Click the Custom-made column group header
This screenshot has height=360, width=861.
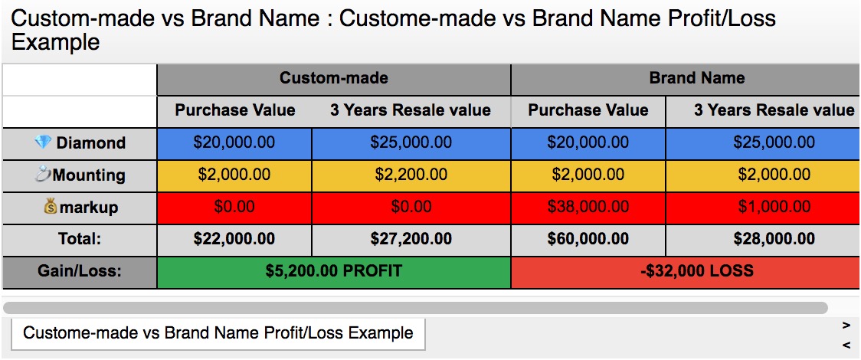[x=334, y=80]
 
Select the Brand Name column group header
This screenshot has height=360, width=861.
[x=686, y=80]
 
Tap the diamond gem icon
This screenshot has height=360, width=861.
[x=41, y=142]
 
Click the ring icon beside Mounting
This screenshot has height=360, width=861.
[x=42, y=175]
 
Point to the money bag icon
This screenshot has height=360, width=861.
[x=51, y=207]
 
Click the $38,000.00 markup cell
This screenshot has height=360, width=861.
[x=588, y=208]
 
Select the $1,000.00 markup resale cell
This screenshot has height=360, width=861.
[x=763, y=208]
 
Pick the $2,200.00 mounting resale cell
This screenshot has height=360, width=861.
[x=411, y=175]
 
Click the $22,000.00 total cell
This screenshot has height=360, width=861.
[x=234, y=239]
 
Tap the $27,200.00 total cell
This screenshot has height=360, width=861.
[x=411, y=239]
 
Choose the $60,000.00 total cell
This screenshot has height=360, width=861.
[x=588, y=239]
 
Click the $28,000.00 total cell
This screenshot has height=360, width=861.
[x=763, y=239]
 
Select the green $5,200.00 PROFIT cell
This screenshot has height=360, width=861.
[x=334, y=272]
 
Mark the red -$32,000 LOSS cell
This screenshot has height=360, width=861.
[x=686, y=272]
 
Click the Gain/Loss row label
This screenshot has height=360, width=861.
[x=80, y=272]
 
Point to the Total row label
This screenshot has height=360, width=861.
[x=80, y=239]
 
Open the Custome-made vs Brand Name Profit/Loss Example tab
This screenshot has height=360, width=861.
[x=218, y=333]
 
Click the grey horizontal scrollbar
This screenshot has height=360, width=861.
[x=415, y=307]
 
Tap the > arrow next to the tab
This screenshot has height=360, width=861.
[x=846, y=326]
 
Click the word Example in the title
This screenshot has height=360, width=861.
[x=55, y=41]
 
